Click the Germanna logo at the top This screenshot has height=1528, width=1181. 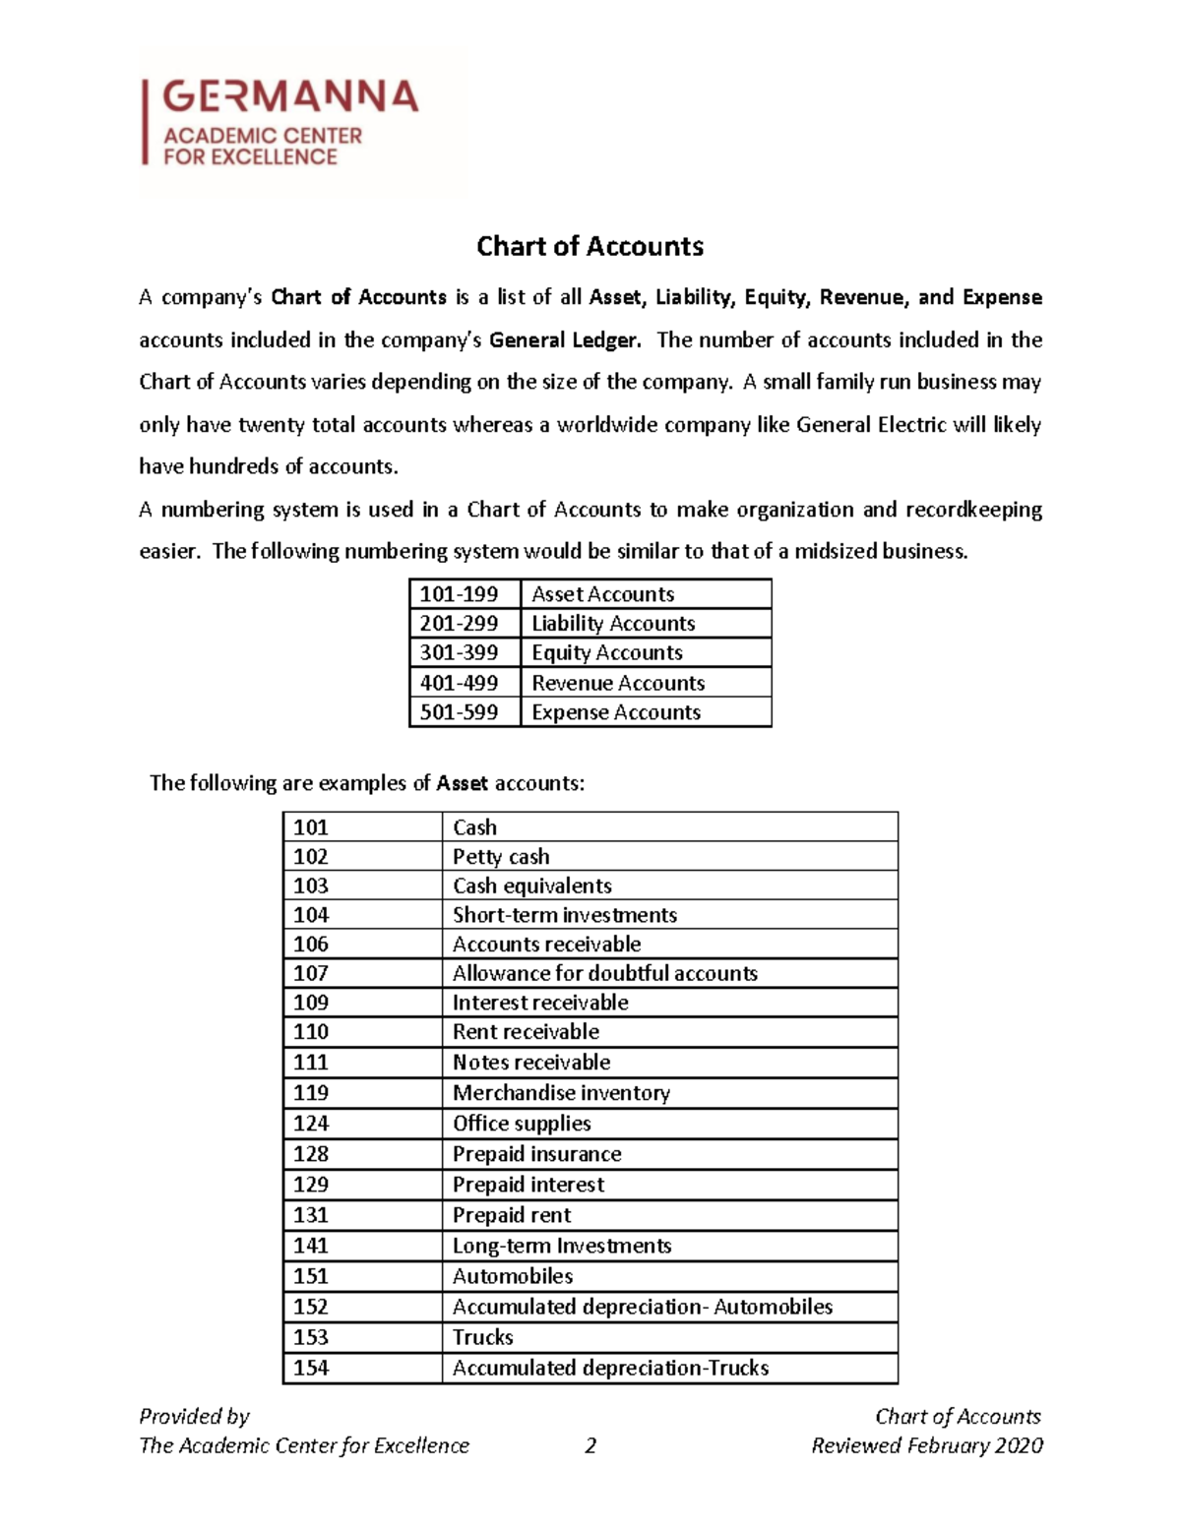pos(280,122)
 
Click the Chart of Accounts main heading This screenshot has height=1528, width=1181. pos(590,246)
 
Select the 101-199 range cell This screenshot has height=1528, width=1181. pos(460,594)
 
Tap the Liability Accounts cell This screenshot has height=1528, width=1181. pos(613,624)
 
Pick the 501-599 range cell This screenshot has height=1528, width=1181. pos(460,712)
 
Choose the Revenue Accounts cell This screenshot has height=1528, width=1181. pos(618,683)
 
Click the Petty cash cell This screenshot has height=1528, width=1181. pos(501,857)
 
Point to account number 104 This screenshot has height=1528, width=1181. pos(311,915)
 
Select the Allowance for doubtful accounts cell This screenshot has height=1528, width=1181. pos(604,974)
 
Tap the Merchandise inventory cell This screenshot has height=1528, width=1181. pos(561,1093)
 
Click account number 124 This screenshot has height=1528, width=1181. pos(311,1124)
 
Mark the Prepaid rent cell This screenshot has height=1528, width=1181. pos(512,1215)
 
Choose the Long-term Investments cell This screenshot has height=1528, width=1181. pos(562,1246)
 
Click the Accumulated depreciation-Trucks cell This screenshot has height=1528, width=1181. pos(610,1368)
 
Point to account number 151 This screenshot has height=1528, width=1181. pos(311,1276)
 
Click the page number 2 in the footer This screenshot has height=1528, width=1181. pos(590,1445)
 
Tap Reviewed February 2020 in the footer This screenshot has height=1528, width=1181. pos(926,1445)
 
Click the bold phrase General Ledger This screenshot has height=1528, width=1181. pos(565,340)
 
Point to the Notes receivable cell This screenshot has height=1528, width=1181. pos(531,1063)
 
